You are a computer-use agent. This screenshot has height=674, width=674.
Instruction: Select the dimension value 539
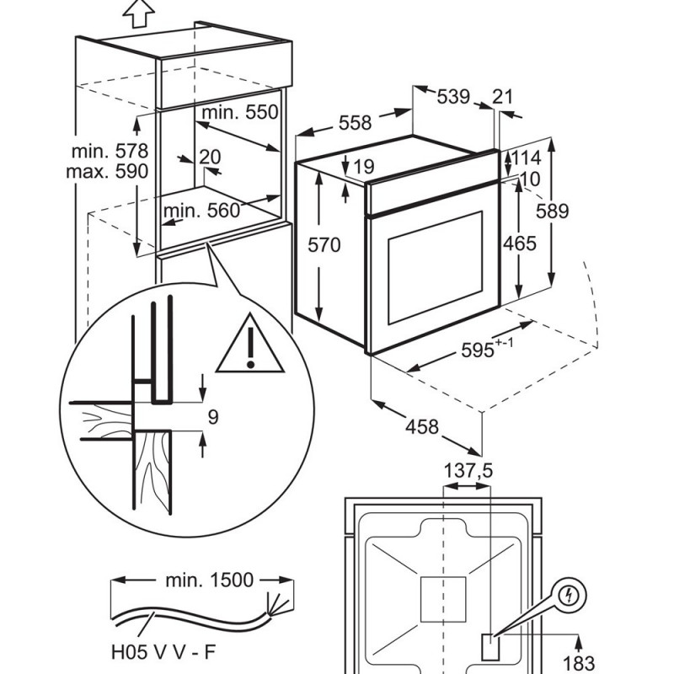click(453, 97)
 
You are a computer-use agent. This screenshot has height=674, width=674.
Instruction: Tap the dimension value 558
click(355, 123)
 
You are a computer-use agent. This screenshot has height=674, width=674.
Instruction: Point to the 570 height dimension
click(324, 245)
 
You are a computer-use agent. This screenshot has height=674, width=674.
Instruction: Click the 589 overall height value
click(553, 211)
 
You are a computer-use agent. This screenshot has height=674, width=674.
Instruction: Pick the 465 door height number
click(520, 243)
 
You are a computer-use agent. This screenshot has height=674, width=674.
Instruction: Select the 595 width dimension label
click(477, 350)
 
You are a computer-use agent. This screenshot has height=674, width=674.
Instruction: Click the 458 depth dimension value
click(422, 427)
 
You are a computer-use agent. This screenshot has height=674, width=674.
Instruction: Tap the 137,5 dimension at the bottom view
click(468, 471)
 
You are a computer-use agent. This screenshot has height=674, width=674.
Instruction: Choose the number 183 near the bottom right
click(578, 663)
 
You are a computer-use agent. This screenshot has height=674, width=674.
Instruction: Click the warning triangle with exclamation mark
click(249, 343)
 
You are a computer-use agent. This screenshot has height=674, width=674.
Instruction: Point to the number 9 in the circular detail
click(213, 417)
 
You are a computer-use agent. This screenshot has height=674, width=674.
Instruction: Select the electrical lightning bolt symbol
click(569, 596)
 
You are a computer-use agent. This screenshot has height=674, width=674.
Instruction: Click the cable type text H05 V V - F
click(163, 652)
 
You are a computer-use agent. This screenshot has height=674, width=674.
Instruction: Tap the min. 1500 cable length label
click(209, 580)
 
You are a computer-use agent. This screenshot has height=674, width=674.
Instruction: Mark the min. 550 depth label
click(240, 113)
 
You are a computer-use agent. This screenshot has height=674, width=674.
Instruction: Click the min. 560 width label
click(201, 211)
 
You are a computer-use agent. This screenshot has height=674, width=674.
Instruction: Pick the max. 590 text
click(107, 172)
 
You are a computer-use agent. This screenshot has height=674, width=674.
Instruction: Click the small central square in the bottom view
click(443, 599)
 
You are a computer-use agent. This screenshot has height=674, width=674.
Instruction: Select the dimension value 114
click(526, 158)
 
